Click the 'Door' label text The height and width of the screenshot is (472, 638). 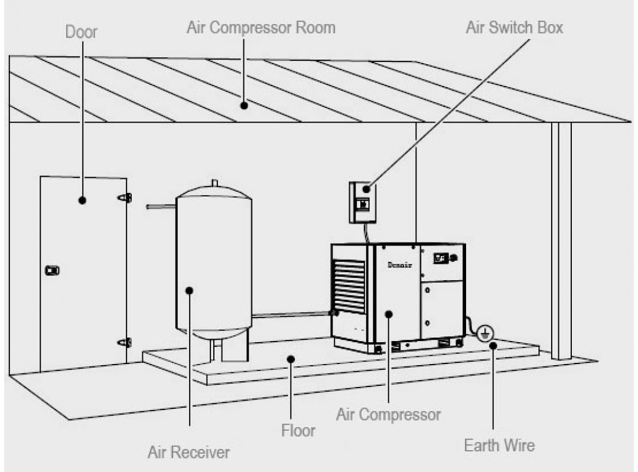82,32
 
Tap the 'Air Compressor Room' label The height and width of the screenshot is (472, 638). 261,28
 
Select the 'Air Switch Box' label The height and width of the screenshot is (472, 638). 515,27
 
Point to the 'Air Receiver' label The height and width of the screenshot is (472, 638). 188,452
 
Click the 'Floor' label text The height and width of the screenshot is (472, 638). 298,431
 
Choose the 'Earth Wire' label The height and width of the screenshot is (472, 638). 499,445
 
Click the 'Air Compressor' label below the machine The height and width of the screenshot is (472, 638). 388,414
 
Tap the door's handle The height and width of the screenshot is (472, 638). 52,270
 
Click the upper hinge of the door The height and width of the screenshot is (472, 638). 125,198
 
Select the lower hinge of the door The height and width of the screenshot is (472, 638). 125,342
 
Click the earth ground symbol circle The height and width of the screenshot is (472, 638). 484,333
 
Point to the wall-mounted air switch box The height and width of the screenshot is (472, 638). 362,202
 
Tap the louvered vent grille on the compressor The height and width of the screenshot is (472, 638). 349,286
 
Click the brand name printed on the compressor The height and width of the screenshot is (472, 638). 399,265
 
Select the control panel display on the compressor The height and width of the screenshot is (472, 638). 441,258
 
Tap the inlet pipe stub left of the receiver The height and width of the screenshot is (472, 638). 161,206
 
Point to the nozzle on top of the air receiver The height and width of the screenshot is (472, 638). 215,183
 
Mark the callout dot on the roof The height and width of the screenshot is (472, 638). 244,105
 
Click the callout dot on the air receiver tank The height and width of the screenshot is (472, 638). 189,290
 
